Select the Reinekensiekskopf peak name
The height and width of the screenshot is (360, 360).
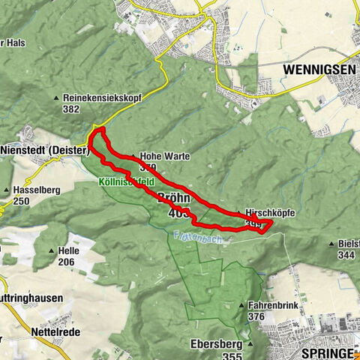tap(98, 97)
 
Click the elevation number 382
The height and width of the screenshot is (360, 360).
tap(71, 109)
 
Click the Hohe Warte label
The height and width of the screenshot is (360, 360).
tap(160, 157)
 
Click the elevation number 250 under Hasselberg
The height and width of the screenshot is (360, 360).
tap(22, 201)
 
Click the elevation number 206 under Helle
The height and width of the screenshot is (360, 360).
tap(68, 261)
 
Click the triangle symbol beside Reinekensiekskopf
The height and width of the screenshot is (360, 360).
tap(57, 97)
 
